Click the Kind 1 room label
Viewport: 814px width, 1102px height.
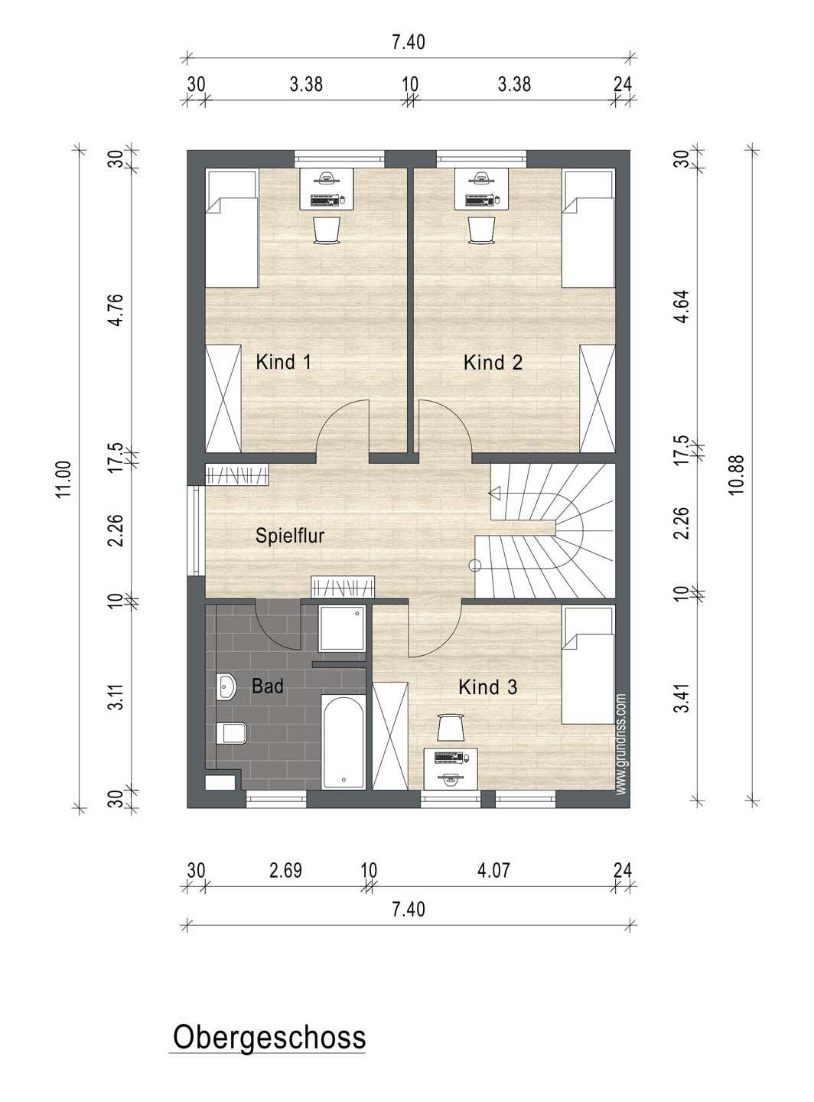283,362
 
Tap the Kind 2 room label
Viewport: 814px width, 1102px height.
493,363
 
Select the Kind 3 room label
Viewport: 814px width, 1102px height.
487,687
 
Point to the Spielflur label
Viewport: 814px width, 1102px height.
289,535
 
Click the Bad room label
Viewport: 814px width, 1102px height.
268,686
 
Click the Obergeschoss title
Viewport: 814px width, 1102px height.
269,1038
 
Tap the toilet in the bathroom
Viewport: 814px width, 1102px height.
232,733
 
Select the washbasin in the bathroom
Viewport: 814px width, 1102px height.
226,687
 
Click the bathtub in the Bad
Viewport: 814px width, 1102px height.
344,742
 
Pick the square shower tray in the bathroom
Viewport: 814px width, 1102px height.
342,628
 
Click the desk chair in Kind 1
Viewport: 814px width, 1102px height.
327,230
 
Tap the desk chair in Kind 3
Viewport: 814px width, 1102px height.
451,727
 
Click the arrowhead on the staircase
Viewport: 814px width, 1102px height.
494,494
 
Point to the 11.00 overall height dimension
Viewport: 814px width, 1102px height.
64,480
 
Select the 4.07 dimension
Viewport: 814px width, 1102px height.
493,870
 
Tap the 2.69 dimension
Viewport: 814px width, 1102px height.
285,870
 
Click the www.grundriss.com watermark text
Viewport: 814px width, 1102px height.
621,745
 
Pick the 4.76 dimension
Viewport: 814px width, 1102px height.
116,310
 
